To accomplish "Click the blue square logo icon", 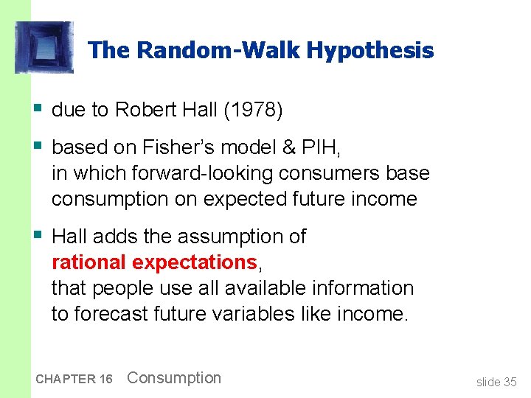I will coord(44,47).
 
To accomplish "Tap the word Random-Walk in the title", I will coord(218,51).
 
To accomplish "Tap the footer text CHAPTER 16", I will coord(74,379).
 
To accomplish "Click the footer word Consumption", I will coord(174,378).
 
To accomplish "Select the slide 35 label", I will coord(496,382).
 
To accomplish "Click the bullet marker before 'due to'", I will coord(38,109).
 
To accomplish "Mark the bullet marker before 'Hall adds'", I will coord(38,236).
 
